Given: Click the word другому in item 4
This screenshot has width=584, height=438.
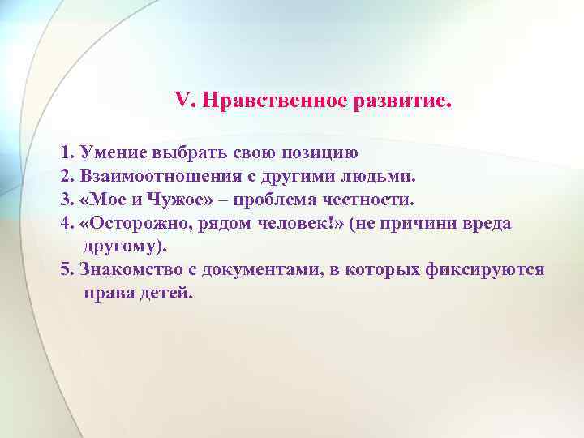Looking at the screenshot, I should (x=122, y=246).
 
